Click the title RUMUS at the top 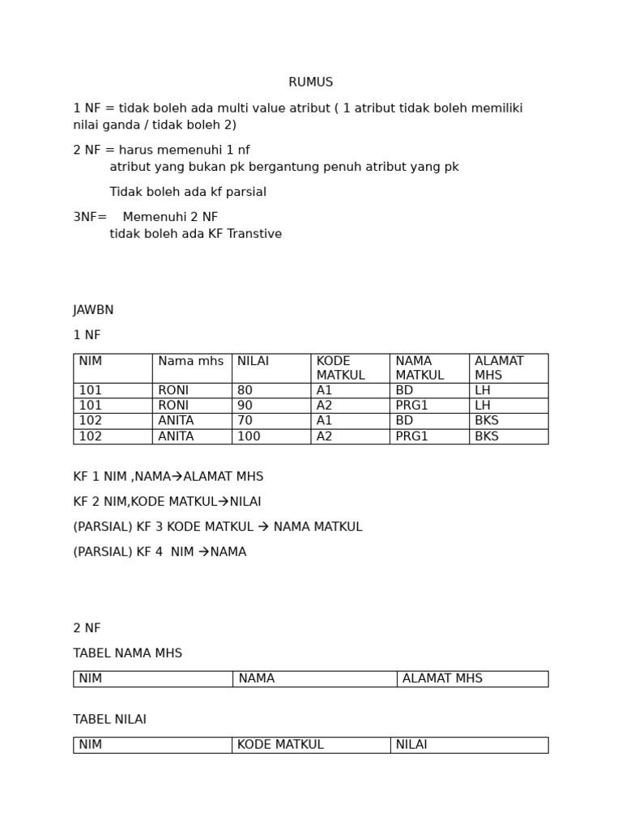point(310,83)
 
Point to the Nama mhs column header point(190,361)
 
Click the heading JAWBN point(93,310)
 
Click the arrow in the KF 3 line point(263,527)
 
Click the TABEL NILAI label point(109,720)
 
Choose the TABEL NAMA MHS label point(127,653)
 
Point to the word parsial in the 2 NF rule point(242,192)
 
